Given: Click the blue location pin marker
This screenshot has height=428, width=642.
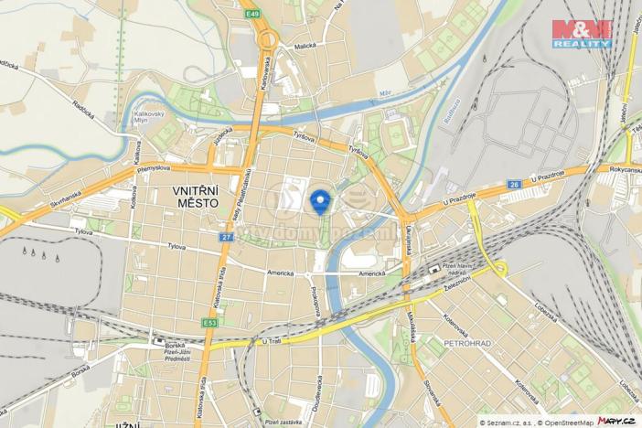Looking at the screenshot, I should (320, 200).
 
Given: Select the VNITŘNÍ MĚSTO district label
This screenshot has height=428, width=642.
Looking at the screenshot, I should (196, 197).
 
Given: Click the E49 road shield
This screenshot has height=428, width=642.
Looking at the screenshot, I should (251, 15).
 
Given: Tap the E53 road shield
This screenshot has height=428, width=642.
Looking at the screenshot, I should (211, 322).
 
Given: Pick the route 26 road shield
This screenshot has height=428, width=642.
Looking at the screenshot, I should (514, 186).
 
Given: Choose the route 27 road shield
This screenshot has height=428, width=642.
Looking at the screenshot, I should (225, 237).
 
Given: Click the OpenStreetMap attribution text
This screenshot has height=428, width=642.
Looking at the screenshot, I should (561, 422).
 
